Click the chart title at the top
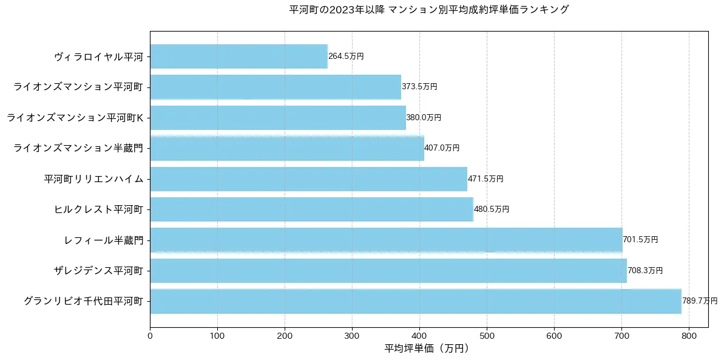click(x=429, y=10)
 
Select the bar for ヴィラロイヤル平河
click(x=239, y=56)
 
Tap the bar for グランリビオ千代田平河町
click(x=415, y=301)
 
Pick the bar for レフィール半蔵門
click(x=386, y=240)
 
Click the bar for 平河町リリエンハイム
click(x=308, y=179)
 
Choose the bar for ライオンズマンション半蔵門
click(x=286, y=148)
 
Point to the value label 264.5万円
click(x=346, y=56)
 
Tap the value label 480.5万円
click(x=492, y=209)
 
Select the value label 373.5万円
click(x=419, y=87)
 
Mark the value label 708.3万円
click(x=645, y=271)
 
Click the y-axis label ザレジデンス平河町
click(x=98, y=271)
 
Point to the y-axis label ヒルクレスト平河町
click(x=98, y=209)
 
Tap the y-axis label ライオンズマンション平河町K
click(x=75, y=118)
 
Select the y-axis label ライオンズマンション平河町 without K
click(x=78, y=87)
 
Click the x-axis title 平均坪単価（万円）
click(x=428, y=348)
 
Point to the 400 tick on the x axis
click(x=419, y=335)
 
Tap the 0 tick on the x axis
click(x=150, y=335)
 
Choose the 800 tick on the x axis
click(x=689, y=335)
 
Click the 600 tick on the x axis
click(x=554, y=335)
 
